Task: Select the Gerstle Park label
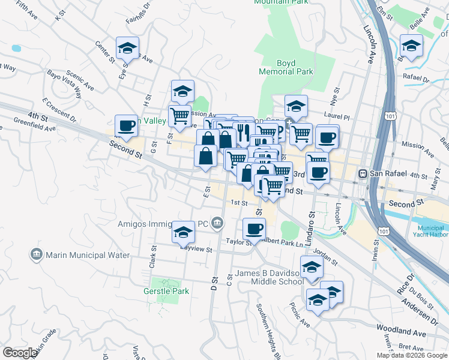[x=166, y=291]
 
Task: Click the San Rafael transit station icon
[x=363, y=174]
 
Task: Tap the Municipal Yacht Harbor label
[x=432, y=232]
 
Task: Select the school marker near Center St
[x=127, y=49]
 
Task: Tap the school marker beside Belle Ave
[x=412, y=46]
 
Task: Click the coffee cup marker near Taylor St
[x=254, y=229]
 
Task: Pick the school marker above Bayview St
[x=184, y=233]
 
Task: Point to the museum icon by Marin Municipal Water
[x=37, y=255]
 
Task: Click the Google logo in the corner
[x=20, y=353]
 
